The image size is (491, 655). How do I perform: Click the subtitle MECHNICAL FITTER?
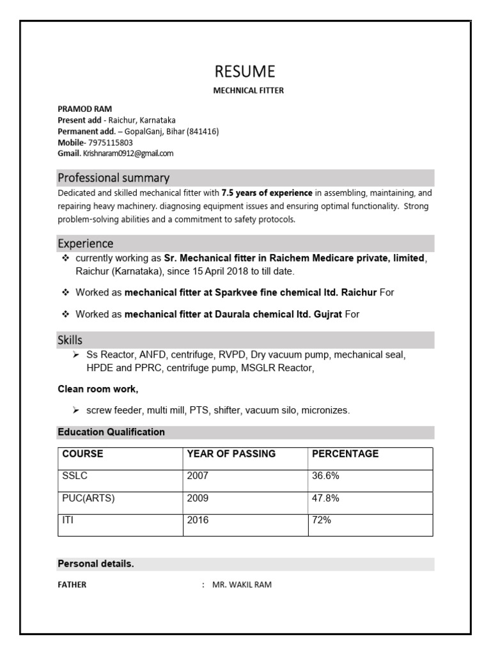[x=248, y=91]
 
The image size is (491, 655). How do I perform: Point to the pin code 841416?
[x=203, y=132]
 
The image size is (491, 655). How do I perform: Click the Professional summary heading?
[x=113, y=178]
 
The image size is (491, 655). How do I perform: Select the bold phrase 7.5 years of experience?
[x=267, y=193]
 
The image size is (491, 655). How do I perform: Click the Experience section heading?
[x=86, y=244]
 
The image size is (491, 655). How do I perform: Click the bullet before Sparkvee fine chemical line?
[x=65, y=292]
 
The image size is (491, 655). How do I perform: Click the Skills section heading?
[x=70, y=340]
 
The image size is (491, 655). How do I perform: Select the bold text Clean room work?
[x=98, y=389]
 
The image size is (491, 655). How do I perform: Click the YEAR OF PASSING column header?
[x=231, y=454]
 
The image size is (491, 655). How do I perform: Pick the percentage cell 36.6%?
[x=325, y=476]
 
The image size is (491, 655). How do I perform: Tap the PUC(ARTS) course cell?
[x=88, y=498]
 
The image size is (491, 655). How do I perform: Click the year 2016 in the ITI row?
[x=198, y=520]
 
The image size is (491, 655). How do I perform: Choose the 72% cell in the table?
[x=321, y=520]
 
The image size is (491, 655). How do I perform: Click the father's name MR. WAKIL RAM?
[x=242, y=585]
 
